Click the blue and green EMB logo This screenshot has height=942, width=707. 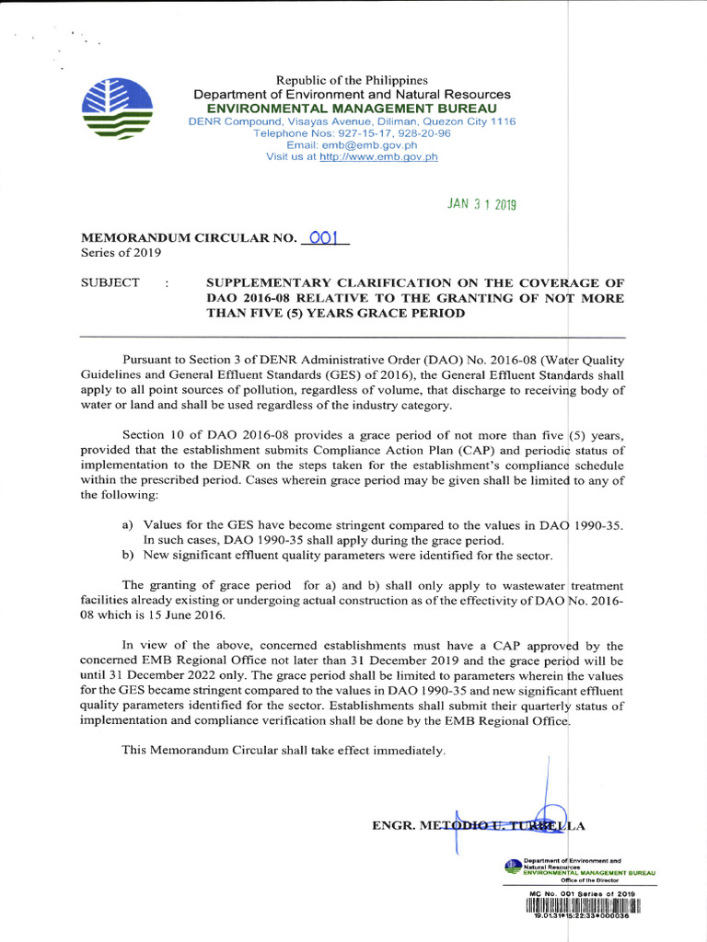117,109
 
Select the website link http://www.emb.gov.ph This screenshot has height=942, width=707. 378,157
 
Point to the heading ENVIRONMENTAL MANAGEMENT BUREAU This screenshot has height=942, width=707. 352,109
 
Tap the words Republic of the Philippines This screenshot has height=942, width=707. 352,81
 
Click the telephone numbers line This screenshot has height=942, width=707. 352,133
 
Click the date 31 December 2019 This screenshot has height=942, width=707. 455,661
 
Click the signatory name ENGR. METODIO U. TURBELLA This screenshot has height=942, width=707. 479,825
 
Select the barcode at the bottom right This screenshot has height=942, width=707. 583,905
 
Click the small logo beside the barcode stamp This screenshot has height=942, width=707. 513,865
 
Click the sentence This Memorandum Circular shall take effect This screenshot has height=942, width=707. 284,751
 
